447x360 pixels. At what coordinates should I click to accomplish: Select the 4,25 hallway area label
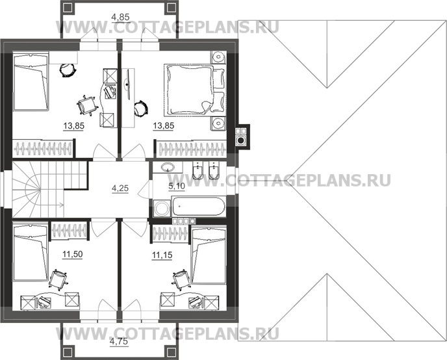pos(120,189)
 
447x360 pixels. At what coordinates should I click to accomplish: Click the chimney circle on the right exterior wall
pos(240,138)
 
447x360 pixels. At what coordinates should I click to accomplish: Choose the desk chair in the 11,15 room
pos(179,280)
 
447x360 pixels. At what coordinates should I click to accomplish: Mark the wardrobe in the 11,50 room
pos(69,230)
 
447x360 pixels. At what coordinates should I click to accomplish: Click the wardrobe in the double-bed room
pos(189,149)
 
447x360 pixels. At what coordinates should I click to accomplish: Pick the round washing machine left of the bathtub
pos(160,209)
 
